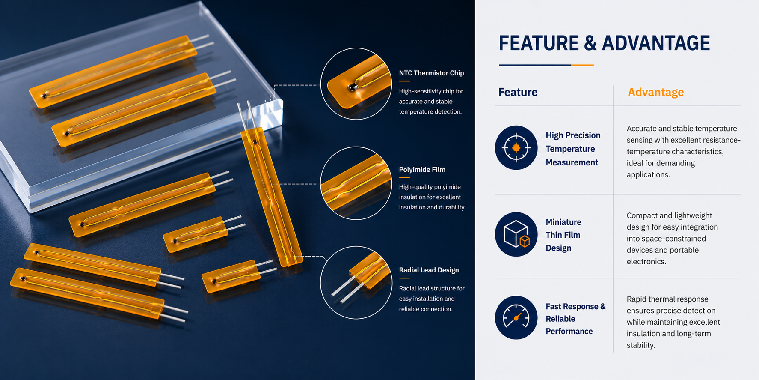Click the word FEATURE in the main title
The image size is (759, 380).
click(539, 43)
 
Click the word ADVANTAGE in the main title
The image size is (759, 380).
click(656, 43)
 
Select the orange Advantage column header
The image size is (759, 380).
click(655, 92)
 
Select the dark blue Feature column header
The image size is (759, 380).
click(518, 92)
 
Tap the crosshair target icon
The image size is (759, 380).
click(516, 147)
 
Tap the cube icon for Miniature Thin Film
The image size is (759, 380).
click(516, 234)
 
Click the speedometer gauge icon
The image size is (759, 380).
click(516, 318)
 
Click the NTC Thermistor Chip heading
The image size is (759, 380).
click(431, 73)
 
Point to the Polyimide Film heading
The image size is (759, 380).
click(422, 170)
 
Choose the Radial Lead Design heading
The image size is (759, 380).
click(429, 270)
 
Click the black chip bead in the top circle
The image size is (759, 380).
click(352, 87)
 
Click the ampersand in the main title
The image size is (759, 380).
click(590, 43)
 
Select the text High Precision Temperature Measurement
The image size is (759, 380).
click(573, 149)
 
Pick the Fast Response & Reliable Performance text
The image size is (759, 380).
click(575, 319)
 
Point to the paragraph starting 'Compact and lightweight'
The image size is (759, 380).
click(672, 239)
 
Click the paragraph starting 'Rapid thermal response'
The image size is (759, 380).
click(673, 322)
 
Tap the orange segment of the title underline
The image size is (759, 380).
click(582, 65)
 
